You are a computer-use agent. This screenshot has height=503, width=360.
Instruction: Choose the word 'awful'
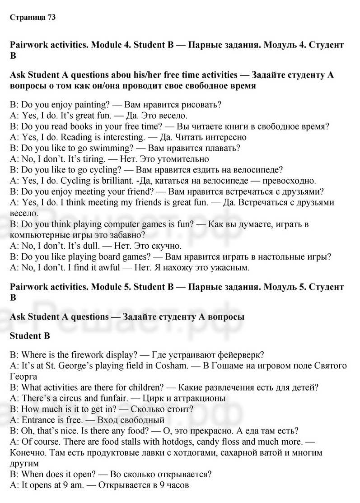click(109, 268)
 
